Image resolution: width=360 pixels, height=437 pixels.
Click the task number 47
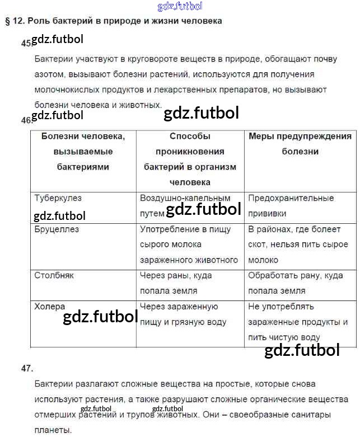pyautogui.click(x=27, y=368)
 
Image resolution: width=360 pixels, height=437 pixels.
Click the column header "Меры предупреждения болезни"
pyautogui.click(x=300, y=144)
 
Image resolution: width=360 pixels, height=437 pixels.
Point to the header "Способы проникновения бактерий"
pyautogui.click(x=190, y=159)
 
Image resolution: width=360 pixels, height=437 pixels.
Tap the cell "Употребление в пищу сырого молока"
pyautogui.click(x=189, y=245)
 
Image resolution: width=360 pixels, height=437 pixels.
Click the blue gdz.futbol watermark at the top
pyautogui.click(x=180, y=6)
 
